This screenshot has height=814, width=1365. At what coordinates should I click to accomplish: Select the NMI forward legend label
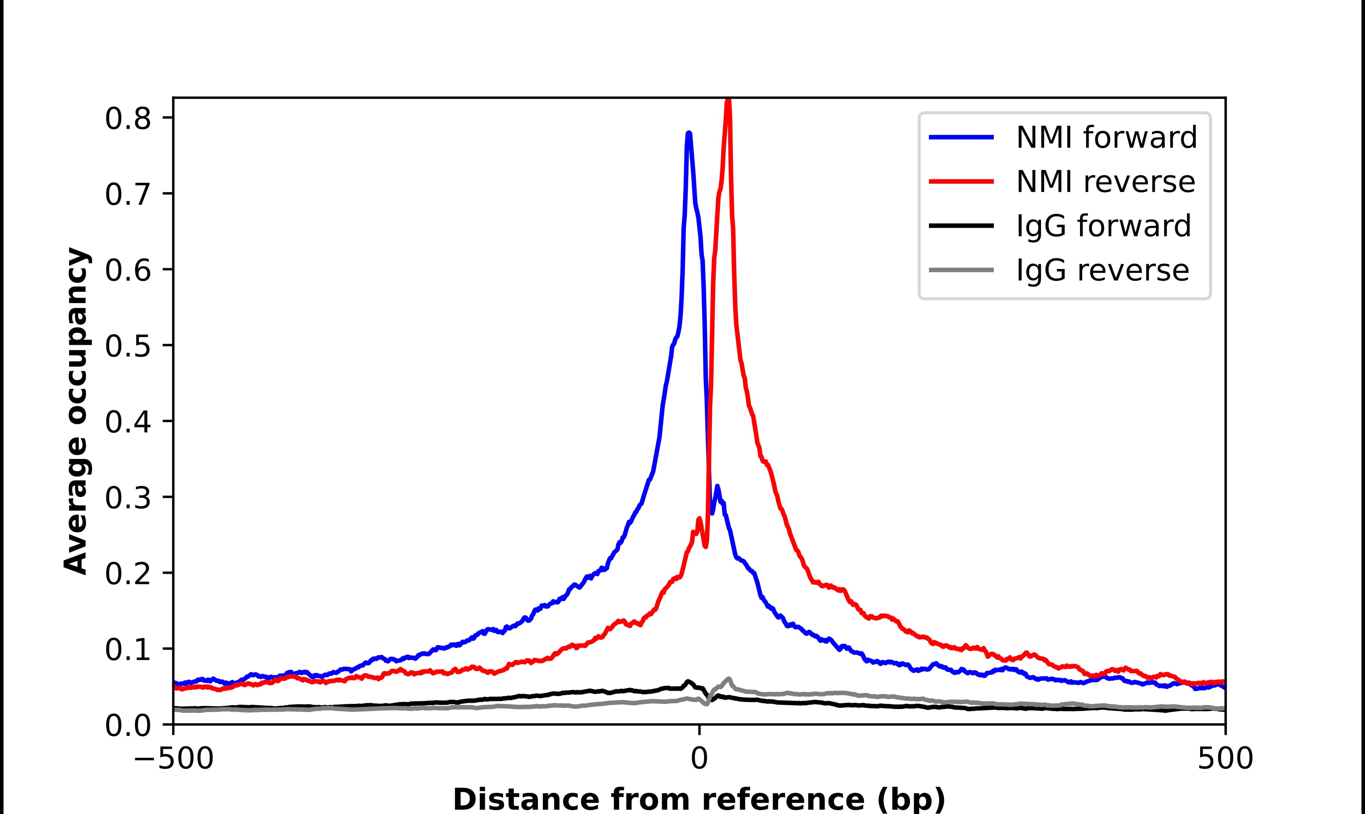1106,137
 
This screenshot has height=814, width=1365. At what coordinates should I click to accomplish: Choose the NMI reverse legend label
1105,182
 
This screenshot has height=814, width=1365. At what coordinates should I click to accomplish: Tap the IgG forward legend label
1103,226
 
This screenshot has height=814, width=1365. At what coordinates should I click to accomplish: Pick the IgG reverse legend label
1102,271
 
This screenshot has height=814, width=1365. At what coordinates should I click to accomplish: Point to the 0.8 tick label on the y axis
128,118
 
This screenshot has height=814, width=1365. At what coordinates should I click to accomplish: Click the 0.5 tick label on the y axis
128,346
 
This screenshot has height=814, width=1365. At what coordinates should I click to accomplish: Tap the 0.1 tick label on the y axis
128,650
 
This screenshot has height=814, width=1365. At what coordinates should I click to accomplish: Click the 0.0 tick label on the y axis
128,726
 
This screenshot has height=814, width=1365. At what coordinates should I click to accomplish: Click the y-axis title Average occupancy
76,411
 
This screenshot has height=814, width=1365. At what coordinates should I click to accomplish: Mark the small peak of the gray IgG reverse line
729,679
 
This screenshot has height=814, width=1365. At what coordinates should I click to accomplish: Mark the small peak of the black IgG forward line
688,682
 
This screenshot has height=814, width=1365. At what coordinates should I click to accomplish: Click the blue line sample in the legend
961,137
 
